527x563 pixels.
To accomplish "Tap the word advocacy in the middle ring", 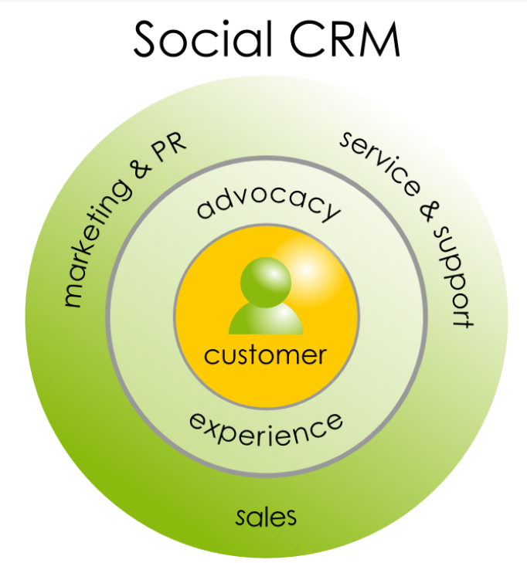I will (267, 202).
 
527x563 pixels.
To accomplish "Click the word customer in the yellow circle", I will (265, 355).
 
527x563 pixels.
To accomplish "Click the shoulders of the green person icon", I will (265, 318).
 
